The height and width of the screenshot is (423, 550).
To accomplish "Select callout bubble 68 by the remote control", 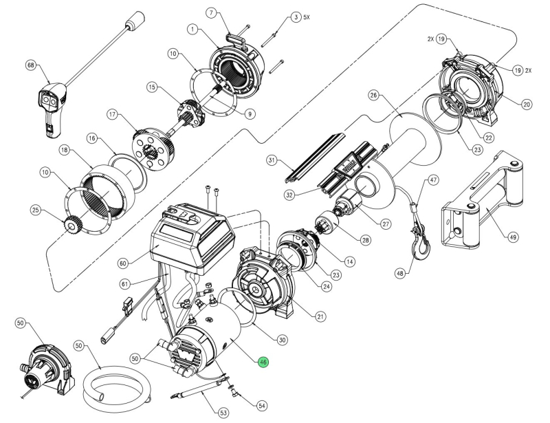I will point(30,65).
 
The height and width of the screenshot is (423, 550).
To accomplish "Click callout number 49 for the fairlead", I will point(512,237).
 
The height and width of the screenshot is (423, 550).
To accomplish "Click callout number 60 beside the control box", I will point(212,13).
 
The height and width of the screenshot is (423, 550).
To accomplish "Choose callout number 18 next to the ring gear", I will point(64,149).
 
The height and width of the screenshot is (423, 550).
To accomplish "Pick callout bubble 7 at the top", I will point(212,13).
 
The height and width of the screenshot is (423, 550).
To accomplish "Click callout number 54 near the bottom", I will point(261,406).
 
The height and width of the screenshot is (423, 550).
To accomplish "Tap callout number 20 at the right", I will point(527,104).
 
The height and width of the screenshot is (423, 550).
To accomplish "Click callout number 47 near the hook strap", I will point(432,180).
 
